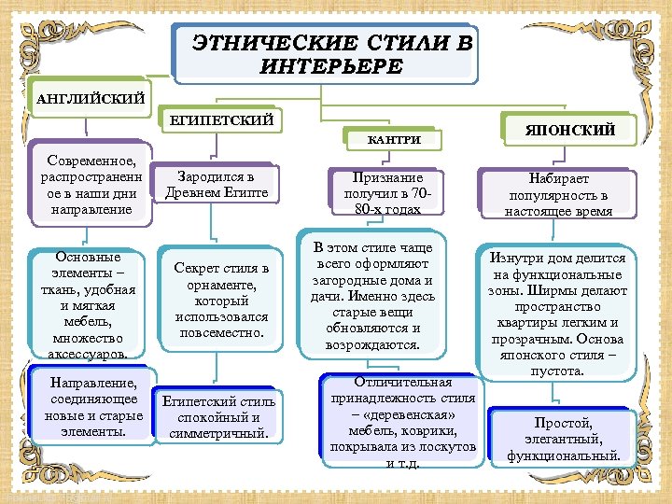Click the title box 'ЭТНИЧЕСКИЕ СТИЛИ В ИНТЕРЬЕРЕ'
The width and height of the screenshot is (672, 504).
coord(326,54)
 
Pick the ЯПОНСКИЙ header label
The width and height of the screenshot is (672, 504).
coord(571,130)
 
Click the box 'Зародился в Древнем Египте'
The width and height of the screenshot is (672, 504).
coord(216,185)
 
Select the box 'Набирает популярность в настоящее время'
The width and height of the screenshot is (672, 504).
coord(558,194)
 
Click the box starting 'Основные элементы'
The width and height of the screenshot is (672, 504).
coord(89,304)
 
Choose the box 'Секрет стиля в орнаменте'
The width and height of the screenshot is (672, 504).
coord(221,300)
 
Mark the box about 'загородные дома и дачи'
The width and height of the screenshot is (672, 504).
coord(372,295)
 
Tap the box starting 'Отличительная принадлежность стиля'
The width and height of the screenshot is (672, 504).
coord(402,422)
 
